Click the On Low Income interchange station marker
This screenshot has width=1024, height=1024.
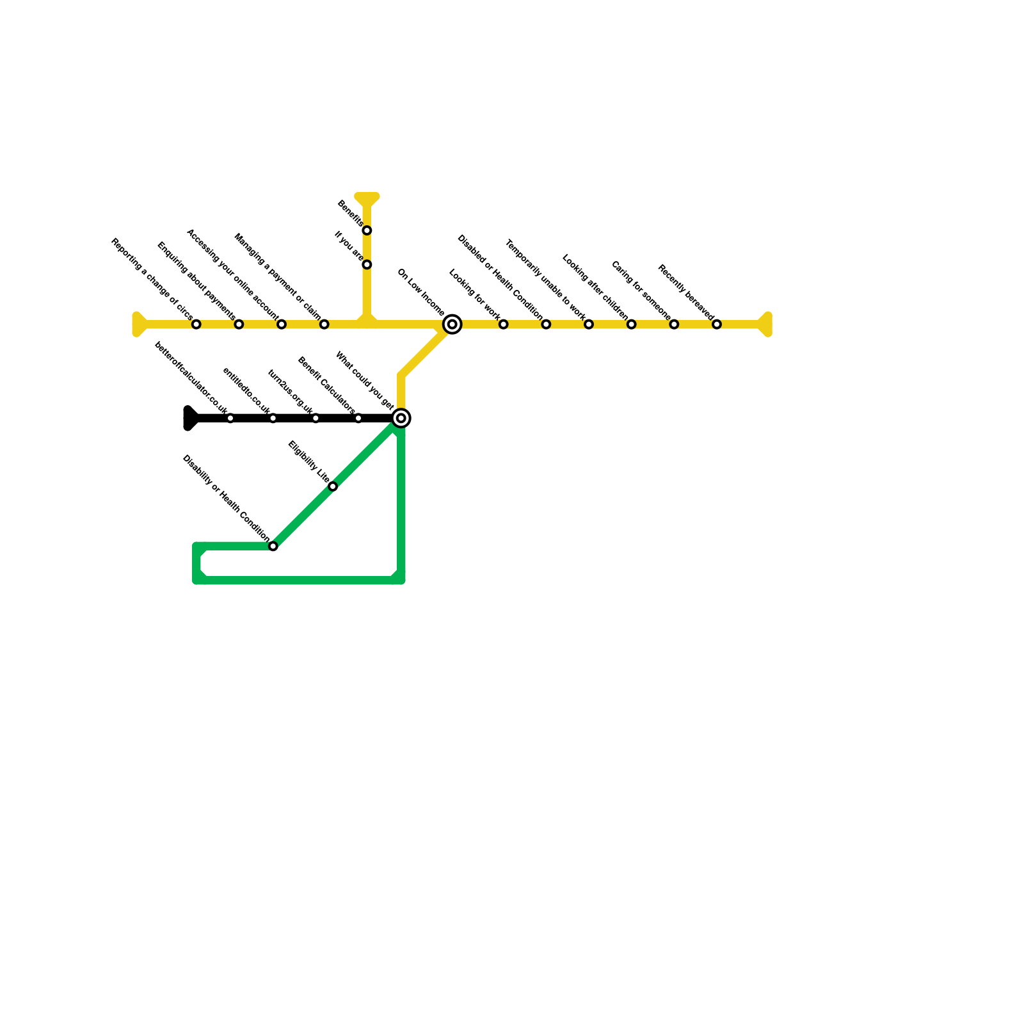452,324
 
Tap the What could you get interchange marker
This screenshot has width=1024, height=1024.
401,419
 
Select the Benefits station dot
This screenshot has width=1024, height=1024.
367,230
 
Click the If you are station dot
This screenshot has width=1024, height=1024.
367,265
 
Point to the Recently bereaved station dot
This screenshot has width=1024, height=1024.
717,324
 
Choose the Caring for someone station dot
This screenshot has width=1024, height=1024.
674,324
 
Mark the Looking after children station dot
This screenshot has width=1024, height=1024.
632,324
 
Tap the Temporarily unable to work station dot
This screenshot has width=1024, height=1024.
589,324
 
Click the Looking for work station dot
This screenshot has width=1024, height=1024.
504,324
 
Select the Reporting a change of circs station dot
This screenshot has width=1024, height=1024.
196,324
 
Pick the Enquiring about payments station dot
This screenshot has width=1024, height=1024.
239,324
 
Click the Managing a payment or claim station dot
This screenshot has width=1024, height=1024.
324,324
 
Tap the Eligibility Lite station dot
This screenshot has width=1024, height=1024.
333,486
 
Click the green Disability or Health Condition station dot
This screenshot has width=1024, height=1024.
273,547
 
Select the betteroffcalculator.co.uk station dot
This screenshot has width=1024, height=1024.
230,419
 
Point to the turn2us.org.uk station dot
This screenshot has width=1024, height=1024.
316,419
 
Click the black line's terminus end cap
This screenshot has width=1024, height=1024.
189,419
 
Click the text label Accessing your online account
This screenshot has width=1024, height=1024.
232,274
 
